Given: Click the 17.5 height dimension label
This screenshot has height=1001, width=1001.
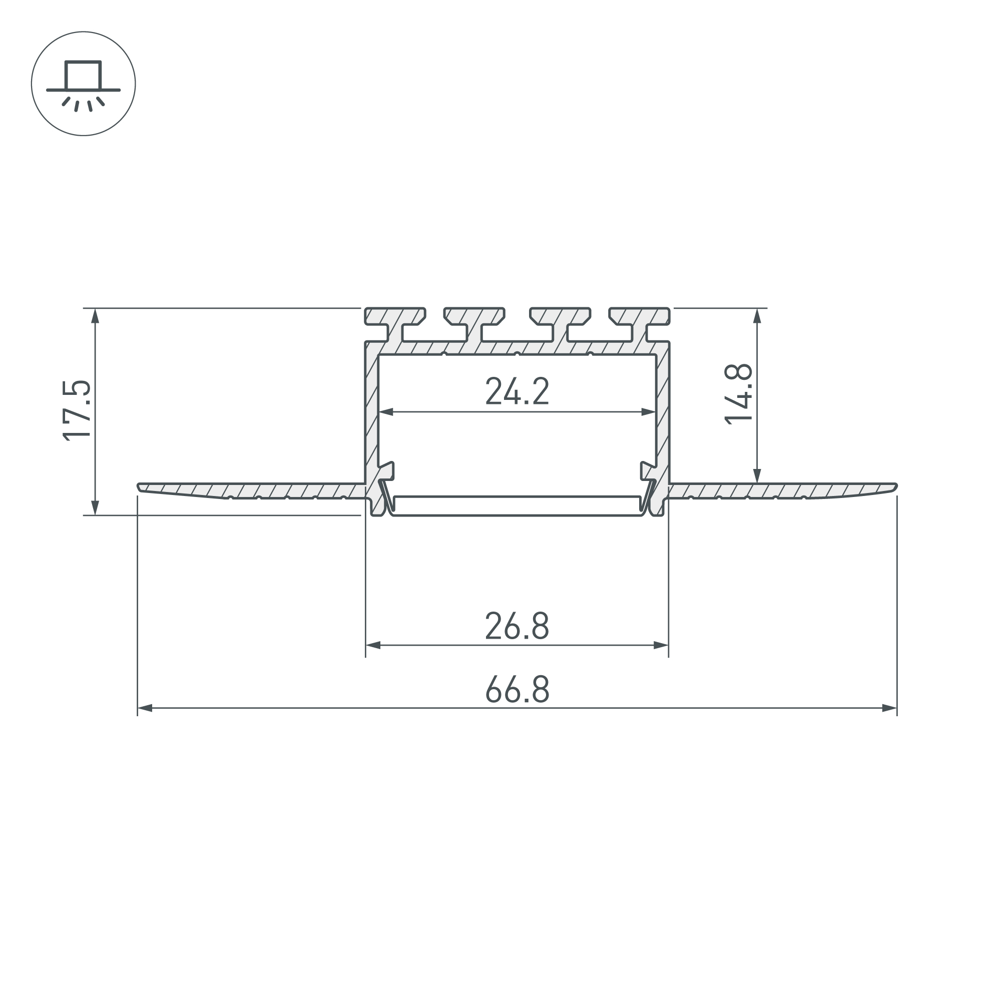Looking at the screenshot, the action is [77, 410].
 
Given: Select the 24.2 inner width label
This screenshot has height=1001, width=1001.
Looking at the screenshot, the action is [517, 391].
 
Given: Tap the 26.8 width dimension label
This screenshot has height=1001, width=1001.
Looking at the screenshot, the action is [517, 626].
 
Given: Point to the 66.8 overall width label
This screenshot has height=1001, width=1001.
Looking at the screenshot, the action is [517, 689].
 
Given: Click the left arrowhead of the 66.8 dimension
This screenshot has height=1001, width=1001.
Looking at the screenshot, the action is [145, 708].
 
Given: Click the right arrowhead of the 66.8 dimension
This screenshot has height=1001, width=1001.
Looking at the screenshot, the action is [889, 708].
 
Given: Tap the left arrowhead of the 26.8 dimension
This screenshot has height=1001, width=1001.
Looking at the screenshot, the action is [373, 646].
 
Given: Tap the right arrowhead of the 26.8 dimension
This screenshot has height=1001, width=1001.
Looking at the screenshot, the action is [661, 646].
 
